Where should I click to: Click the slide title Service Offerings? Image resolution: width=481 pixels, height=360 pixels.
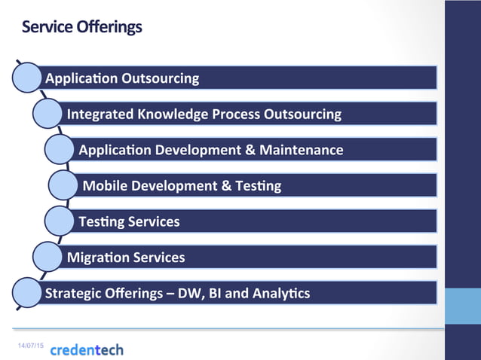[81, 28]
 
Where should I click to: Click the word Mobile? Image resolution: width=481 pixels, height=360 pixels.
[104, 186]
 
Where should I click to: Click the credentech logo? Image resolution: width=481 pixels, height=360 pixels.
[87, 349]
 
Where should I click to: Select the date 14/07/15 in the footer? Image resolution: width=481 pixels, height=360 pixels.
[31, 344]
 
